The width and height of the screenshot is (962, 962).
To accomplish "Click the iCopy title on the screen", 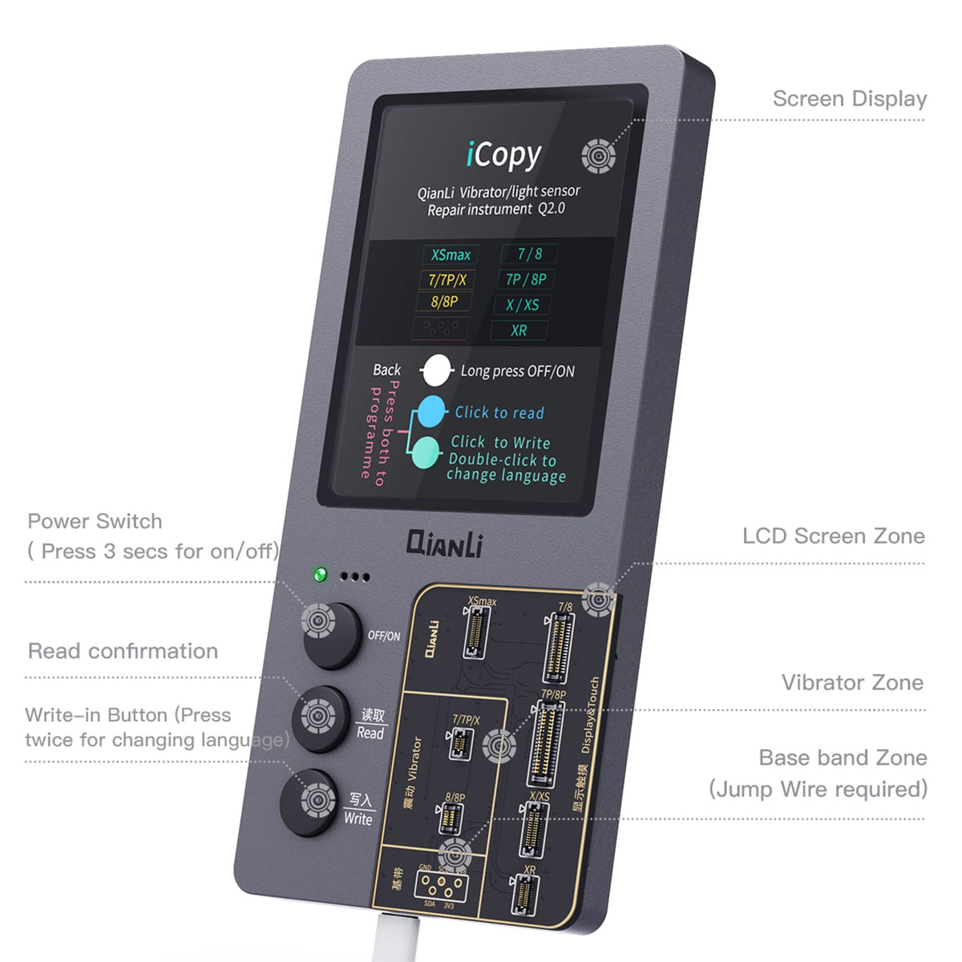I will (x=503, y=155).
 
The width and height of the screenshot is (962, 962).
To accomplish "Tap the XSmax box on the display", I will (x=451, y=255).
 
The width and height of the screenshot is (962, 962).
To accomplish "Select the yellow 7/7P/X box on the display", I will (x=447, y=280).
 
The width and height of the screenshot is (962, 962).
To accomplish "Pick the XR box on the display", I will (x=519, y=330).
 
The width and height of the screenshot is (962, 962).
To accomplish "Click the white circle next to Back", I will (x=436, y=371).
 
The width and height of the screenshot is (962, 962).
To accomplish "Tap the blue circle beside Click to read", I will (x=432, y=411).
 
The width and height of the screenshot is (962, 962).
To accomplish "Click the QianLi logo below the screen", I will (x=445, y=544).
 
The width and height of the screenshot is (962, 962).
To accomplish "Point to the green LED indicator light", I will (x=321, y=574).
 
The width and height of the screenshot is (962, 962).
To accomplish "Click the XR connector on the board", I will (x=524, y=895).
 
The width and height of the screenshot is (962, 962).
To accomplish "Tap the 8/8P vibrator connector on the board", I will (x=451, y=819).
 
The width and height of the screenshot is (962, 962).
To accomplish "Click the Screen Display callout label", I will (x=849, y=99).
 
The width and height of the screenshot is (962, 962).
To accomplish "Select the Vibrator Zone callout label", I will (x=851, y=682).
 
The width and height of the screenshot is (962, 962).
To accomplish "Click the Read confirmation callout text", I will (x=123, y=651).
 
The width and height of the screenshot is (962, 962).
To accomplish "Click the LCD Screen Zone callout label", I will (x=833, y=536).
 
